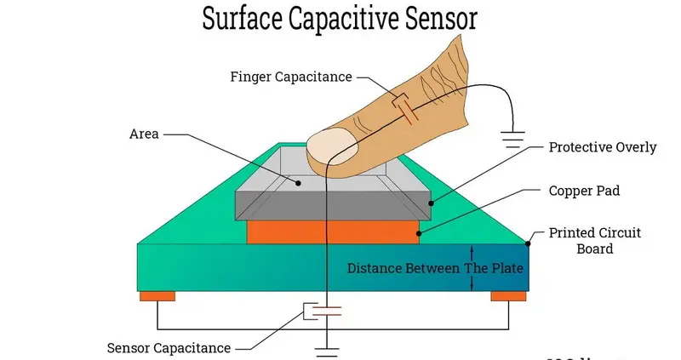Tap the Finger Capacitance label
[290, 77]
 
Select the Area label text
[144, 134]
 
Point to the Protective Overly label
[602, 147]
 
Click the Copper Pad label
[583, 191]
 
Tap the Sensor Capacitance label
[169, 347]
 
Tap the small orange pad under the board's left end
[157, 295]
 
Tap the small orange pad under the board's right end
[508, 295]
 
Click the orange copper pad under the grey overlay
[332, 232]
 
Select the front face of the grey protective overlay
[332, 206]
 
